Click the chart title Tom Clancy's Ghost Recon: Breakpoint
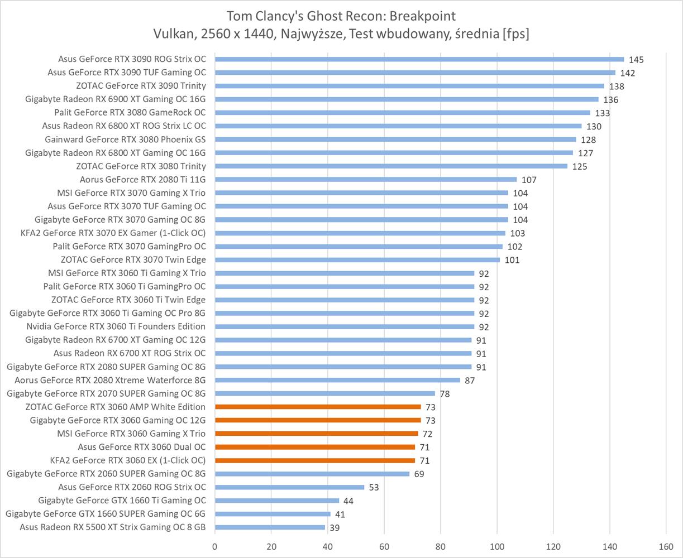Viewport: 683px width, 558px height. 341,15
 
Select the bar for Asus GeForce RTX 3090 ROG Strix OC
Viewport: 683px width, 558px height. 419,59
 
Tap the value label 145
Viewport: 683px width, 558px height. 636,60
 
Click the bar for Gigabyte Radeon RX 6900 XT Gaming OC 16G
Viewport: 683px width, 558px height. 406,99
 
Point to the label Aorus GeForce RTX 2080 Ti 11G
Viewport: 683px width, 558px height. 142,180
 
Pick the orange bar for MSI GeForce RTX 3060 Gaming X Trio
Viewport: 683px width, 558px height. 316,434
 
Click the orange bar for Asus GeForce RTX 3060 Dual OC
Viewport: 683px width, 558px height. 315,447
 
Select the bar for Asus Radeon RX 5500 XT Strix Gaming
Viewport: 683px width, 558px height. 270,527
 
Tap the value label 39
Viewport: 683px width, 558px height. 335,528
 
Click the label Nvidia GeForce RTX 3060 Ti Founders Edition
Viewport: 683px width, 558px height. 116,326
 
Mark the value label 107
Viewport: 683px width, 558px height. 528,180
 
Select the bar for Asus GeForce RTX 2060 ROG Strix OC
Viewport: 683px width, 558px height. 289,487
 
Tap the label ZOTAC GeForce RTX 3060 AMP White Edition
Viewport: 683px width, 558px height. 115,407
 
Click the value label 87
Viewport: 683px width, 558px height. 470,381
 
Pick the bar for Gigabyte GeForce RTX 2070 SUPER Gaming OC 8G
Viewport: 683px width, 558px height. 324,393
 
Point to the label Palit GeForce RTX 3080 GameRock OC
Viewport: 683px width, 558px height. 130,113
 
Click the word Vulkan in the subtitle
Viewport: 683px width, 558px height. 171,34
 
